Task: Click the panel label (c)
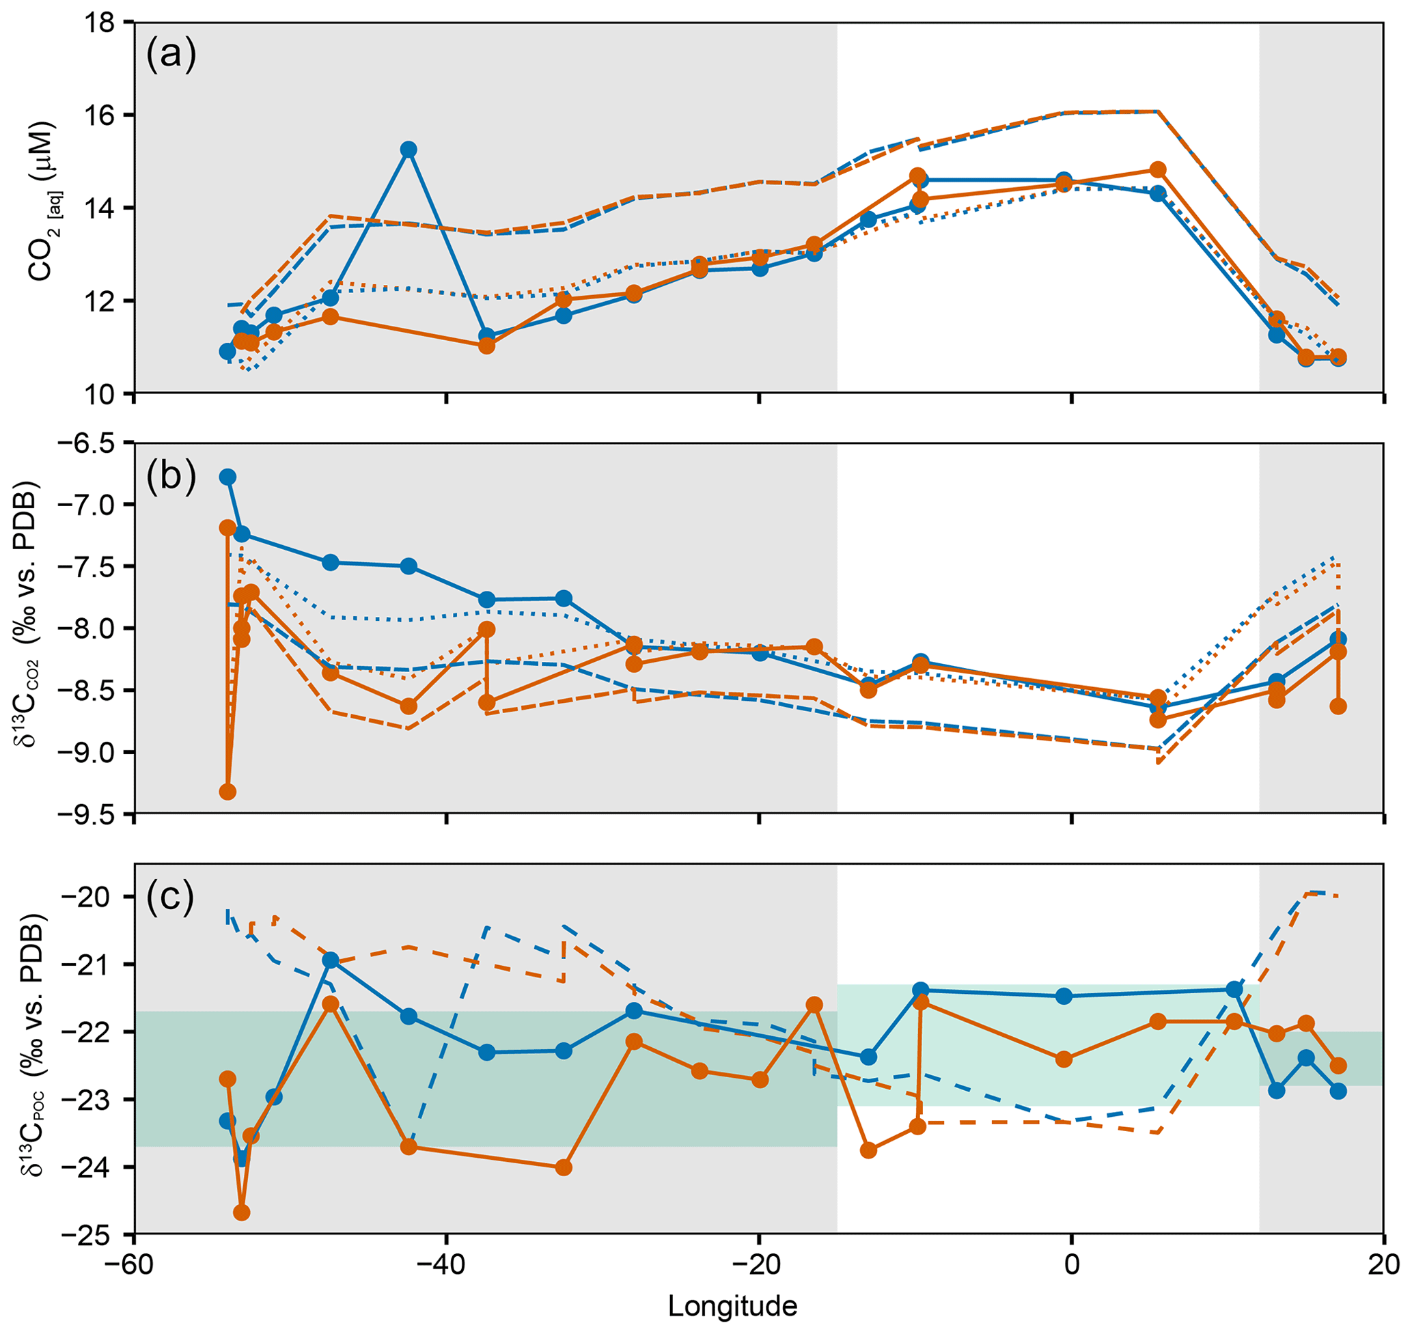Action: pos(171,897)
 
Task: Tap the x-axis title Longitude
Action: pos(732,1305)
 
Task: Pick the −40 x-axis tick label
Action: pos(446,1268)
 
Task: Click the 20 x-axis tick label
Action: pos(1383,1268)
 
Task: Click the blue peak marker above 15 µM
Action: pos(408,150)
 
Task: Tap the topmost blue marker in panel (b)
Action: pos(227,477)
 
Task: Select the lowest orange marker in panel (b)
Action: pos(227,792)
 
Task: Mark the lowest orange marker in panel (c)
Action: pos(242,1213)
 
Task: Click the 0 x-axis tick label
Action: pos(1070,1268)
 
